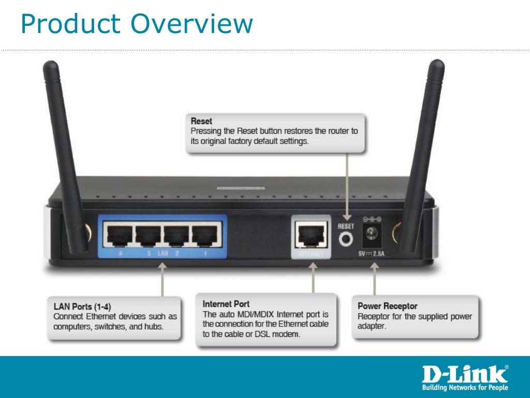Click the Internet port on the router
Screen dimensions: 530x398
click(x=311, y=234)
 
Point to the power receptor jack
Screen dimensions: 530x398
click(x=372, y=234)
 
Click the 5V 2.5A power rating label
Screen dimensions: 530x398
click(x=371, y=253)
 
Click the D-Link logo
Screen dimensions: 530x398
click(x=465, y=374)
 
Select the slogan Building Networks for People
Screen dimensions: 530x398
click(x=465, y=387)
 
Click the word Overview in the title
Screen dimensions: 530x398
click(x=192, y=24)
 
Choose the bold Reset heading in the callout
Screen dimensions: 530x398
click(x=201, y=121)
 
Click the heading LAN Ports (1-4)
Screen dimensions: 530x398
click(x=82, y=307)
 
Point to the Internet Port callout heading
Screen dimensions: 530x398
click(x=226, y=304)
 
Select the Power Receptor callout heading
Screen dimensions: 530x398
click(x=387, y=306)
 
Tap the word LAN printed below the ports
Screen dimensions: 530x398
click(x=163, y=253)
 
